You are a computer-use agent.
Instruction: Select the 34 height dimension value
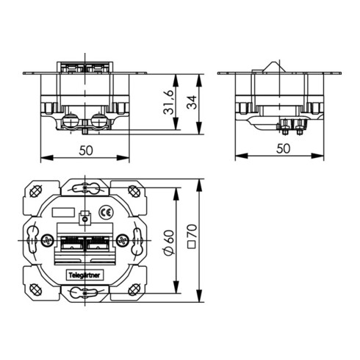193,104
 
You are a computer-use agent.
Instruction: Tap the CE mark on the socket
105,212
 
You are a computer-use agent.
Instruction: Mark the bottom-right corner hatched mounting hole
134,289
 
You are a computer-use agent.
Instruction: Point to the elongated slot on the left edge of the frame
32,240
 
